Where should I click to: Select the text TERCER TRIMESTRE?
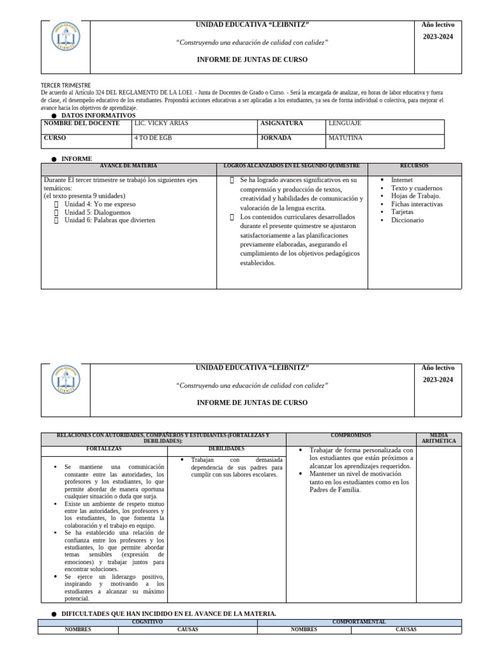coord(66,85)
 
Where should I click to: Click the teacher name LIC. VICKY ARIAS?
coord(162,124)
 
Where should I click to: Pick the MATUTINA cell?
coord(345,138)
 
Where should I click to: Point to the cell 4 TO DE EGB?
coord(154,138)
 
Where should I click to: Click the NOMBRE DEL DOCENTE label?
coord(81,124)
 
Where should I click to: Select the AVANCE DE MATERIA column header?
coord(128,166)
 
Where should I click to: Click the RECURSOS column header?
coord(414,166)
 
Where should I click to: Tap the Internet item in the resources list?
coord(402,180)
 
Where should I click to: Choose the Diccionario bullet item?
coord(407,221)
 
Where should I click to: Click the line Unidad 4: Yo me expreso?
coord(100,205)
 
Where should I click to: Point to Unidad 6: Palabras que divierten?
coord(109,221)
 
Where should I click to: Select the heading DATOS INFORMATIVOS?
coord(98,116)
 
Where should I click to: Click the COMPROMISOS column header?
coord(350,435)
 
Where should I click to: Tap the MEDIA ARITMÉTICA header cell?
coord(438,438)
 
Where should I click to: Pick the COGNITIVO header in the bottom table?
coord(147,622)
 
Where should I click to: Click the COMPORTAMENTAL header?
coord(359,622)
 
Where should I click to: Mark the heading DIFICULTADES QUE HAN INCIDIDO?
coord(168,614)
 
